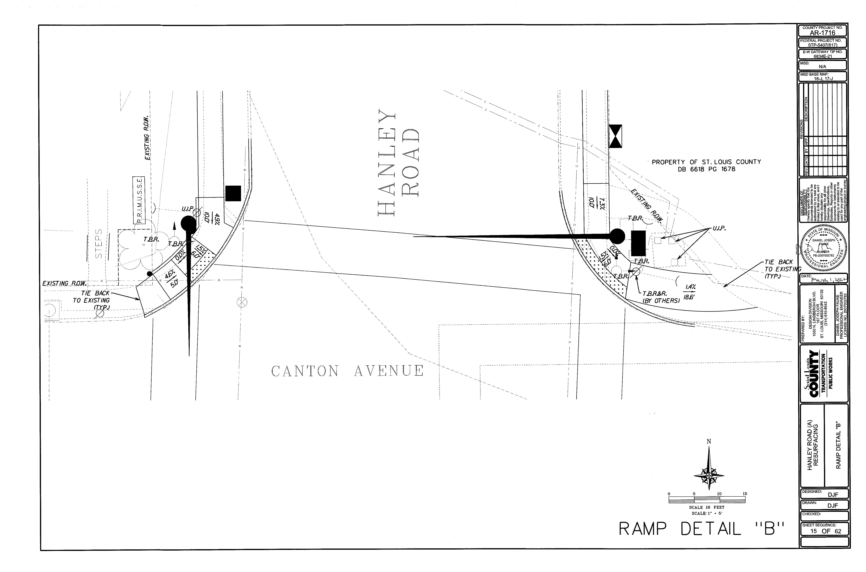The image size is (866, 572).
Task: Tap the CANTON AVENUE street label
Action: point(347,371)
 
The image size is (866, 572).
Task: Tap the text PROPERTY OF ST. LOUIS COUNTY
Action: point(706,162)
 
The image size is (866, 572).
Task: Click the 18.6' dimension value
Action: point(688,297)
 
